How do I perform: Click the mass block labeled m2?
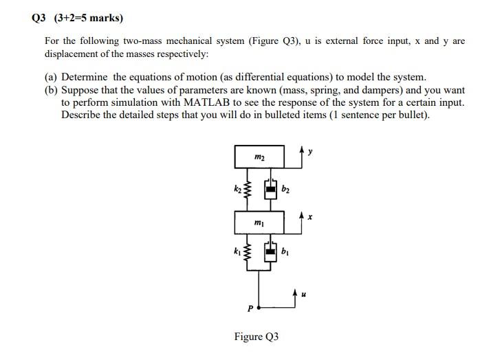[x=259, y=158]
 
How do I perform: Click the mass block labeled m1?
[x=259, y=223]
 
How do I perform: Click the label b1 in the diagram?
[x=286, y=253]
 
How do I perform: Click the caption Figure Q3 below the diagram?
[x=257, y=337]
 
